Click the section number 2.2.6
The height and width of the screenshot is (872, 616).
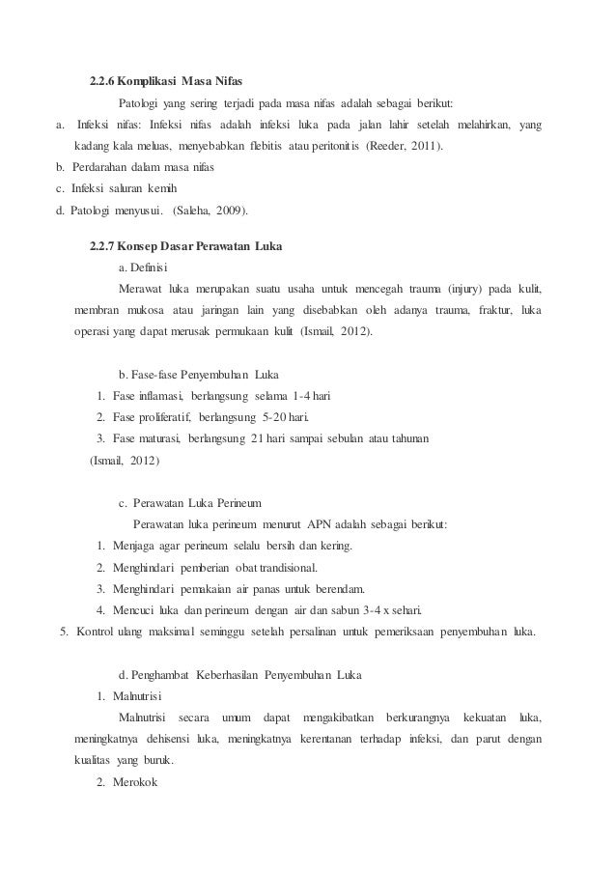[x=103, y=79]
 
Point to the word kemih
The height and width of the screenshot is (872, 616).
[x=163, y=189]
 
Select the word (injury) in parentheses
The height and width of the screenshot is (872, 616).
[x=473, y=290]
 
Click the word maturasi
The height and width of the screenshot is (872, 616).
[x=156, y=439]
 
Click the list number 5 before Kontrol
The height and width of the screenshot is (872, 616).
[x=64, y=632]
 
